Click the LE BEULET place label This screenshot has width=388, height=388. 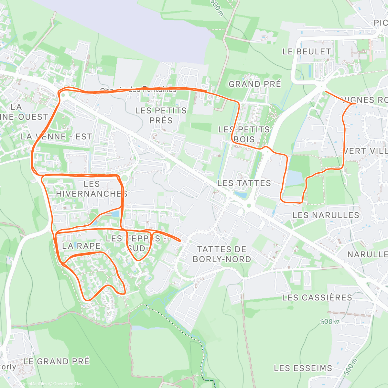tap(307, 52)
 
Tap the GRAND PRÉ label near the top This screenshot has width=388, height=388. tap(255, 84)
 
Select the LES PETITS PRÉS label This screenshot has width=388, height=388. tap(161, 115)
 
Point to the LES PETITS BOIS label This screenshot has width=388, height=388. tap(244, 135)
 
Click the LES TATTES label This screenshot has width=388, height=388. tap(244, 183)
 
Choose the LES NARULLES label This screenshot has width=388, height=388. tap(326, 215)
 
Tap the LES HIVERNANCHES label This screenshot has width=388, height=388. tap(92, 189)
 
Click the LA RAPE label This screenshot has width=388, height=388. tap(81, 246)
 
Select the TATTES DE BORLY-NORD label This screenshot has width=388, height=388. tap(222, 254)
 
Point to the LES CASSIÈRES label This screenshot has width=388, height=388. tap(317, 297)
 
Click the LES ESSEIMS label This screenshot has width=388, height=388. tap(303, 368)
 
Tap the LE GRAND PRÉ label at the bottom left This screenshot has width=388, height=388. tap(56, 361)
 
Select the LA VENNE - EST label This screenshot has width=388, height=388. tap(56, 137)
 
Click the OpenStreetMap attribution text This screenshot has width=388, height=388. tap(68, 384)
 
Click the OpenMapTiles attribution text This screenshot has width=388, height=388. tap(34, 384)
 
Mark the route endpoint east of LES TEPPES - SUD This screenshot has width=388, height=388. tap(180, 240)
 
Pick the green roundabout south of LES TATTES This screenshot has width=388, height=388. tap(249, 205)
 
